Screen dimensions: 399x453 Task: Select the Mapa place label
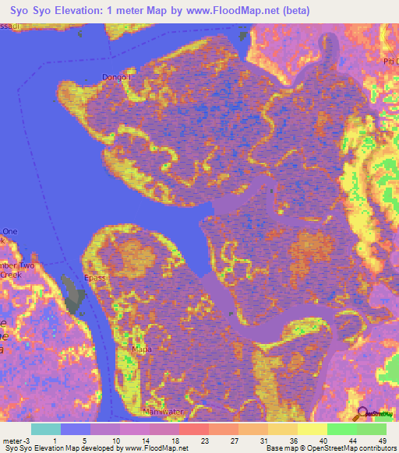(x=141, y=349)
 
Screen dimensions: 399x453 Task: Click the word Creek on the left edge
(x=12, y=276)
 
